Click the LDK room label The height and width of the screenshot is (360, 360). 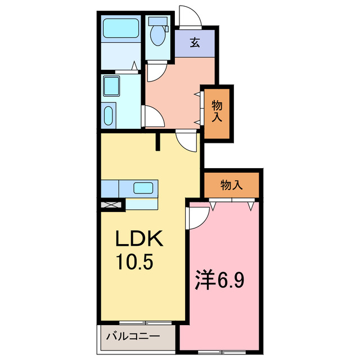[139, 240]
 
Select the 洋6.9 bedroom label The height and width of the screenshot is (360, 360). [219, 280]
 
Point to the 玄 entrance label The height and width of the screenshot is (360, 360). [195, 43]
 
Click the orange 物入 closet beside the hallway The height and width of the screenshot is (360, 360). [217, 111]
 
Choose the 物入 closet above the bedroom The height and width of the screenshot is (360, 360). [231, 184]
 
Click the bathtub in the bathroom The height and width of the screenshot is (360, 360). [121, 29]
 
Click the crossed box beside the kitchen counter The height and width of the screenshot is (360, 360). [111, 205]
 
